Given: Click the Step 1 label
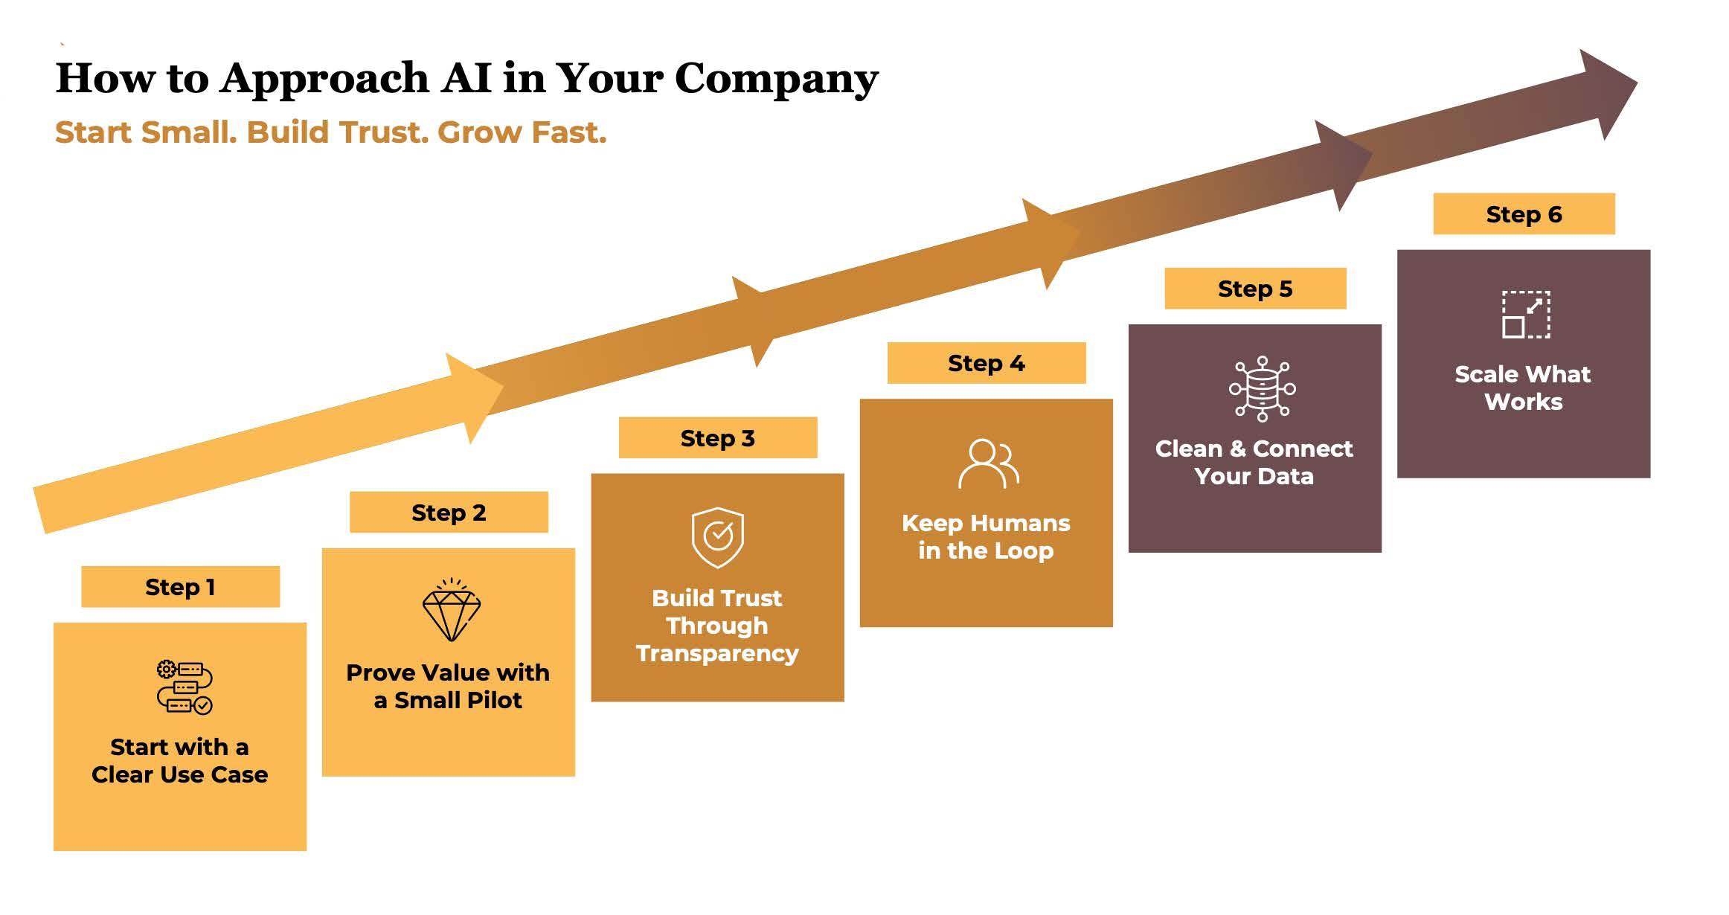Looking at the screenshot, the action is (180, 587).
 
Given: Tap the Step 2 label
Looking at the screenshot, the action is (449, 513).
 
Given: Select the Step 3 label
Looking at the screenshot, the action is (718, 438).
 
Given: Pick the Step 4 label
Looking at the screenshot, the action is (987, 363).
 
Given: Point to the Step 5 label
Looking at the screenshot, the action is (1255, 289).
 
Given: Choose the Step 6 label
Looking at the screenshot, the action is (1524, 214).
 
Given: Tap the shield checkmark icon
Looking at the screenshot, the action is (718, 537).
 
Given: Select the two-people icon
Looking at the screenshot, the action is (989, 463).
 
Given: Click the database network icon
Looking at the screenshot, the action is (1262, 389).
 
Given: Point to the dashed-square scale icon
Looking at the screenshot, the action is (1526, 315).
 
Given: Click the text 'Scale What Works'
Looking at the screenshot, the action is (1523, 388).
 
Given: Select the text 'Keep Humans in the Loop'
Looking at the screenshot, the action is (986, 536).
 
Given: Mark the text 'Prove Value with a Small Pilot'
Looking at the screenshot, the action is (448, 686).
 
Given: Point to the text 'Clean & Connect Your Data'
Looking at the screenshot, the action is (1254, 462).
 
